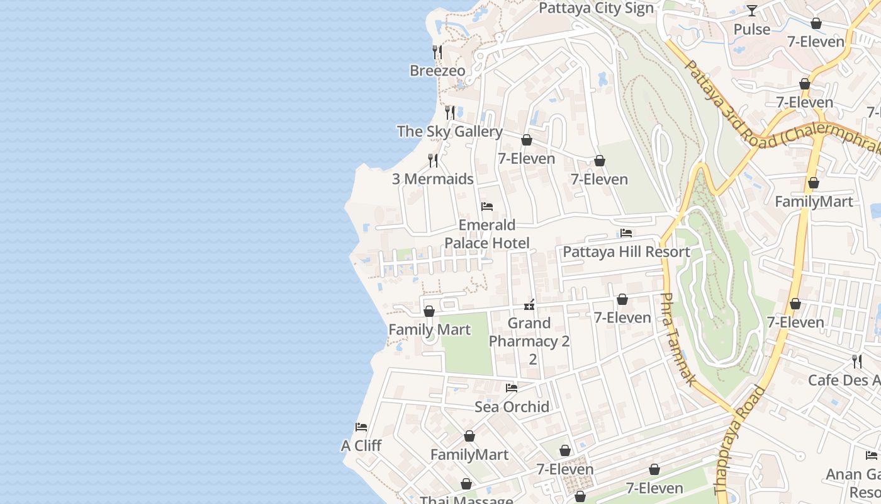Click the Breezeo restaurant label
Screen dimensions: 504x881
(x=437, y=71)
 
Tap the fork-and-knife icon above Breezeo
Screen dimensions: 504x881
(x=437, y=51)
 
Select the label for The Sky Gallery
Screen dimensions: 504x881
(x=449, y=132)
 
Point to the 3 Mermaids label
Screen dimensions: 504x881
(x=433, y=179)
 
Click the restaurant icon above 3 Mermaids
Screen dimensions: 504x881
(x=433, y=160)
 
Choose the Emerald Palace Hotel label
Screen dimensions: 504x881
(x=487, y=234)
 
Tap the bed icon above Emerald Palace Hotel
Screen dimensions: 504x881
(x=486, y=206)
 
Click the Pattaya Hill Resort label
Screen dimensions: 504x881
(x=626, y=252)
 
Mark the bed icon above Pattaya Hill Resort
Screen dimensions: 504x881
(x=626, y=233)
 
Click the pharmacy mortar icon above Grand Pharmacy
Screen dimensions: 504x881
(x=529, y=306)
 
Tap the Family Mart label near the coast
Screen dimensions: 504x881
(x=429, y=329)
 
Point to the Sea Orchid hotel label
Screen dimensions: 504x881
(x=512, y=406)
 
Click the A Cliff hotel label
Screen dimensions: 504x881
(x=361, y=445)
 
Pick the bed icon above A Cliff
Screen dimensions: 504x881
(x=361, y=427)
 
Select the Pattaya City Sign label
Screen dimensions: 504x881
(x=597, y=8)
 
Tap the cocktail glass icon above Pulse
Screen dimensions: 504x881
(x=752, y=11)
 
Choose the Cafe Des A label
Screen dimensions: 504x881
(x=844, y=380)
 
